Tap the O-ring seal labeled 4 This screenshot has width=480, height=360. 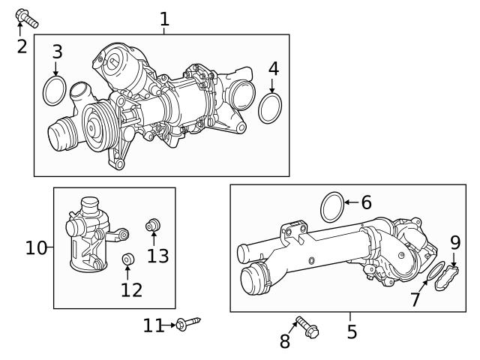pos(270,108)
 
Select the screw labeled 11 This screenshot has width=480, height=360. pos(189,323)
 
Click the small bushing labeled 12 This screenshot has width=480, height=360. pos(127,259)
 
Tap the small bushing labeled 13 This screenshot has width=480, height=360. pos(153,224)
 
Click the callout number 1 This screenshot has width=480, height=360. pos(164,19)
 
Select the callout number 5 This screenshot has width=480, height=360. pos(352,330)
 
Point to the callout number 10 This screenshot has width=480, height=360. pos(36,247)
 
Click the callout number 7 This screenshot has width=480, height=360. pos(415,300)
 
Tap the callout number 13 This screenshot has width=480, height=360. pos(157,256)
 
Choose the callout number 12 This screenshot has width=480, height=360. pos(131,289)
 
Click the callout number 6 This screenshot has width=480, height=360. pos(366,202)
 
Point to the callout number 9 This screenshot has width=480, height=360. pos(454,242)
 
